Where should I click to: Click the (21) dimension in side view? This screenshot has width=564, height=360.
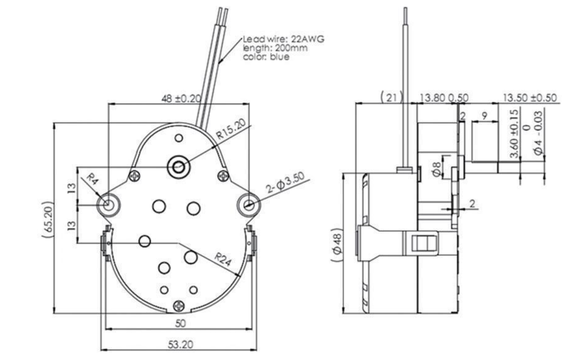pyautogui.click(x=391, y=98)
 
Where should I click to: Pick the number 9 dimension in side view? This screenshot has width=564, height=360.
pyautogui.click(x=485, y=116)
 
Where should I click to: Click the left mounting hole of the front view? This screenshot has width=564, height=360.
pyautogui.click(x=107, y=204)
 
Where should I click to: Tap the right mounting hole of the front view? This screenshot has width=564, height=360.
pyautogui.click(x=248, y=205)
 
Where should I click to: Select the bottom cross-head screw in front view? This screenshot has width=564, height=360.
pyautogui.click(x=179, y=305)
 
